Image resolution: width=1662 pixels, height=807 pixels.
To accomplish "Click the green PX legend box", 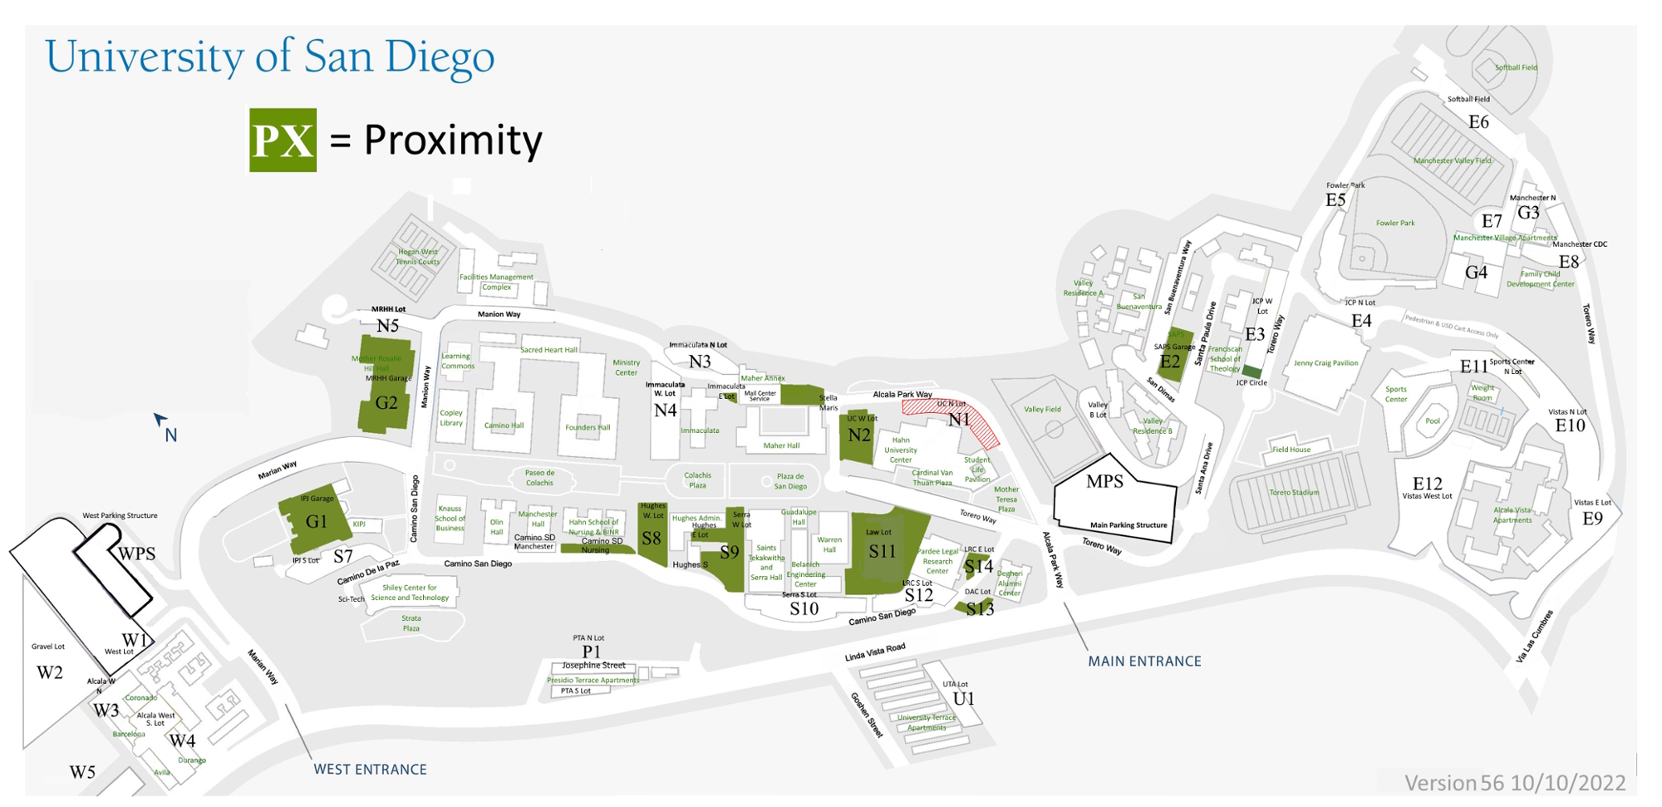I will pyautogui.click(x=283, y=140).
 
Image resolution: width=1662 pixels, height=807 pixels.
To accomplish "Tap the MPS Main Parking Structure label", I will pyautogui.click(x=1104, y=481).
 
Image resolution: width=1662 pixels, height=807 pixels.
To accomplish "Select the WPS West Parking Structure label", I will pyautogui.click(x=137, y=554).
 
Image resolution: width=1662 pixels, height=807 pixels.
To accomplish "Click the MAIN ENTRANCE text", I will pyautogui.click(x=1144, y=662).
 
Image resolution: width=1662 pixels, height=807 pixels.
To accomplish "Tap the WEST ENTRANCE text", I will pyautogui.click(x=370, y=770).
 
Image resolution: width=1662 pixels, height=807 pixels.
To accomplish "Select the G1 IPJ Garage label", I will pyautogui.click(x=317, y=522).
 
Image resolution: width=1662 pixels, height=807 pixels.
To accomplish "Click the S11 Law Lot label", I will pyautogui.click(x=882, y=551).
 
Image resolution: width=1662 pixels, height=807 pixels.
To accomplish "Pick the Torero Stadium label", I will pyautogui.click(x=1294, y=493).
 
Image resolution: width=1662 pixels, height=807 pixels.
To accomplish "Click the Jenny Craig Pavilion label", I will pyautogui.click(x=1325, y=363).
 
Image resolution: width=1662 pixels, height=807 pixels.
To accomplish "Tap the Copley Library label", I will pyautogui.click(x=451, y=417).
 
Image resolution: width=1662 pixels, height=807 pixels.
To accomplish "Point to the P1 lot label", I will pyautogui.click(x=591, y=652).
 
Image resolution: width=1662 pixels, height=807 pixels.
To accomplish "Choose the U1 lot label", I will pyautogui.click(x=963, y=699).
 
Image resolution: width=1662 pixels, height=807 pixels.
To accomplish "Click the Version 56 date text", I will pyautogui.click(x=1514, y=783).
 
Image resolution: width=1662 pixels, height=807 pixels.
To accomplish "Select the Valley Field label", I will pyautogui.click(x=1042, y=410).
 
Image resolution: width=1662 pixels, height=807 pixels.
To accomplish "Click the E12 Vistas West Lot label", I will pyautogui.click(x=1428, y=485).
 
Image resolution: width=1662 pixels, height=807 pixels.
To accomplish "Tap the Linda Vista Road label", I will pyautogui.click(x=874, y=652).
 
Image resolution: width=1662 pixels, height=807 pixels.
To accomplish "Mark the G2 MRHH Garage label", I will pyautogui.click(x=386, y=403).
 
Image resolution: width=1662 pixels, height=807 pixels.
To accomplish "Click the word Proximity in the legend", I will pyautogui.click(x=453, y=140).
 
